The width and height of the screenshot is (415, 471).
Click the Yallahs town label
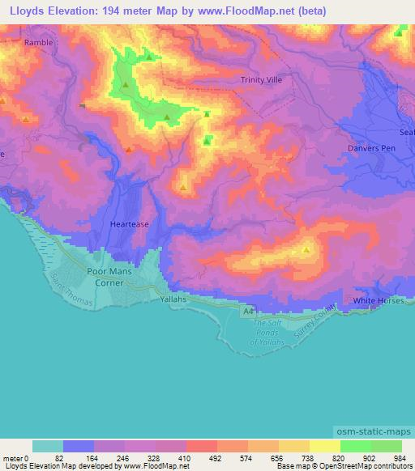173,299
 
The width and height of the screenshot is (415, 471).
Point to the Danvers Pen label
370,149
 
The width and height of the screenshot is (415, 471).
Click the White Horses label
377,301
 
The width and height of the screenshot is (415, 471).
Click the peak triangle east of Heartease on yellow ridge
306,250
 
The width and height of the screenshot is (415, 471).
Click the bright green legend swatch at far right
387,446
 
